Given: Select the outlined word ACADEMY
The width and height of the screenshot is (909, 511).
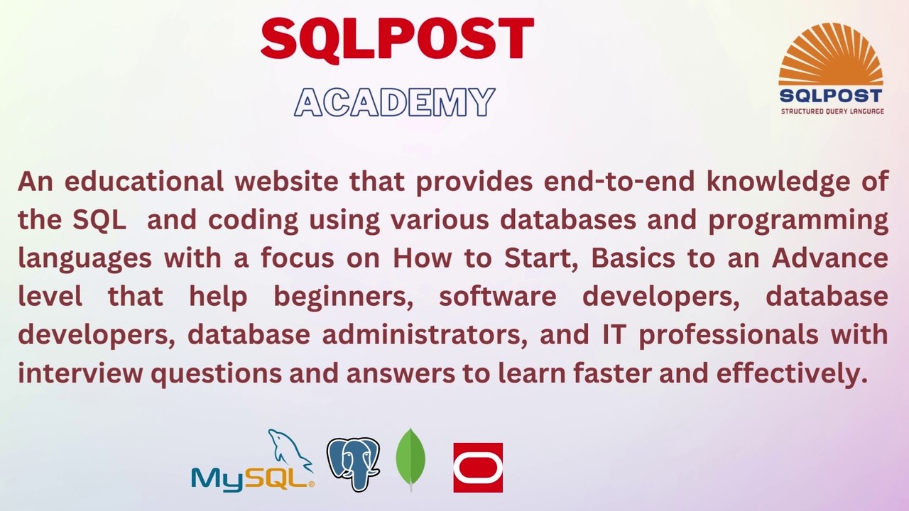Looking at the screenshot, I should point(394,103).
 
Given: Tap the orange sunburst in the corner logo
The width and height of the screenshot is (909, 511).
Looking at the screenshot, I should point(831,57).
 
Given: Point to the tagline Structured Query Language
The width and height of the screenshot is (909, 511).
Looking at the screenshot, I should point(832,111).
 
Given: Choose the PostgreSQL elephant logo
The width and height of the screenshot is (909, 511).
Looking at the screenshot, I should point(353,463).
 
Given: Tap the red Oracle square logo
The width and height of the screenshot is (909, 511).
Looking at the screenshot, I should point(478,468).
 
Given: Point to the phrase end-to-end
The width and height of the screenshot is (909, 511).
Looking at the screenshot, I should point(618,182).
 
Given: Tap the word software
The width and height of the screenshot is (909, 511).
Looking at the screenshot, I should point(497,297).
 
